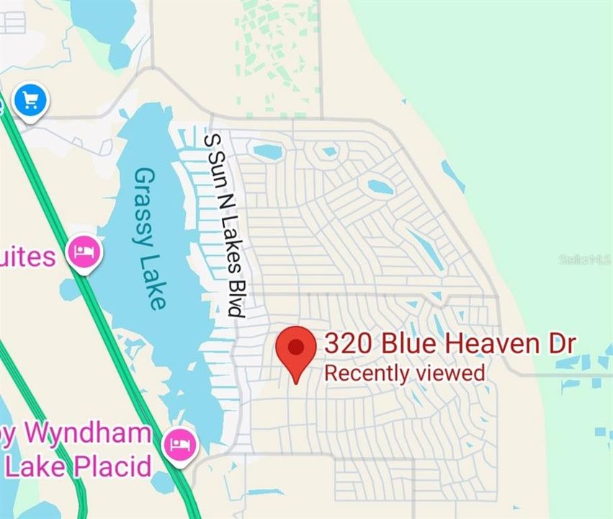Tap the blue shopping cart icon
(30, 100)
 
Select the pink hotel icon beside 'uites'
(84, 252)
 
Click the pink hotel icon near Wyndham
(179, 443)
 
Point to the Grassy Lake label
(150, 238)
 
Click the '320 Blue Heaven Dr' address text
(449, 344)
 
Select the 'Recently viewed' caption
(404, 373)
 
